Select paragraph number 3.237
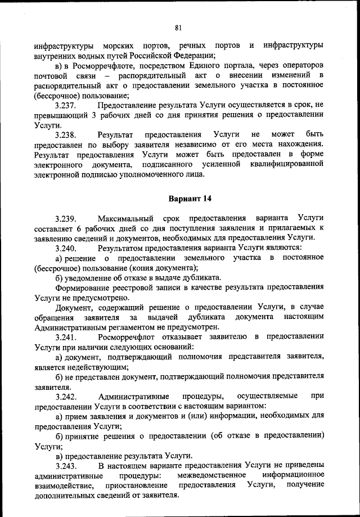(66, 105)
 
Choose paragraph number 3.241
(66, 337)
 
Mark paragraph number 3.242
(66, 397)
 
